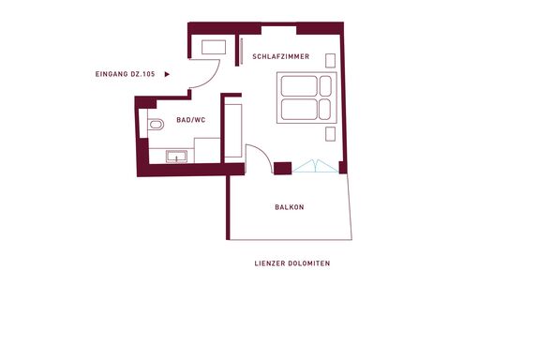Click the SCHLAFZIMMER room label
click(x=280, y=56)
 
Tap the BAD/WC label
click(x=191, y=120)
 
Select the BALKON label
click(x=290, y=207)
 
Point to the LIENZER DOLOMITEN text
click(x=292, y=263)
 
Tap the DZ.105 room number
click(x=142, y=74)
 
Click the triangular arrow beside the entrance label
click(x=167, y=74)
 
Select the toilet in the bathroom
click(x=156, y=125)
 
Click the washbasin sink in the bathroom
click(x=176, y=157)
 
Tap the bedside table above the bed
click(x=331, y=61)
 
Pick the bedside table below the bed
click(x=331, y=134)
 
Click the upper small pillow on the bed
click(x=325, y=86)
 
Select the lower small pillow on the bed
click(x=324, y=109)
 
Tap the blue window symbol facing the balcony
click(x=315, y=166)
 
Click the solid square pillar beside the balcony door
click(x=283, y=168)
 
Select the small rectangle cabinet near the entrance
click(x=214, y=47)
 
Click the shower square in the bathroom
click(x=207, y=150)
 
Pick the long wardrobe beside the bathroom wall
click(x=233, y=130)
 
